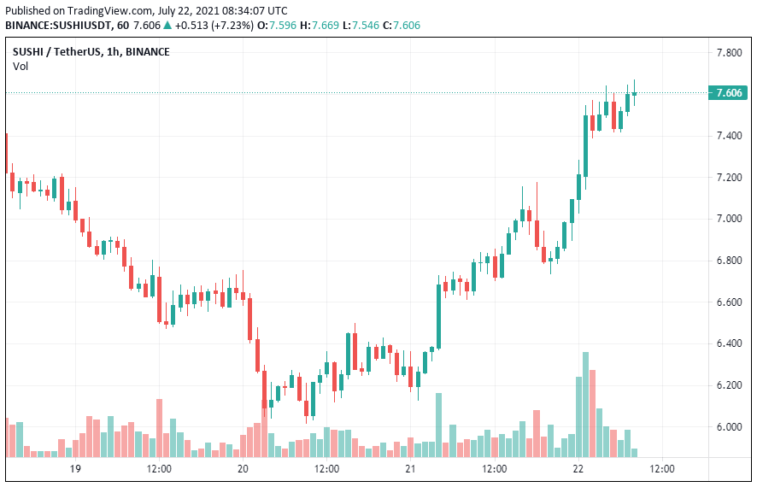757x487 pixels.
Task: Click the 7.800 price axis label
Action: point(729,53)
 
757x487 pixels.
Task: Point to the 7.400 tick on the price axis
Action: point(729,136)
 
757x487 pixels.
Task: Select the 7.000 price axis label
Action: point(729,219)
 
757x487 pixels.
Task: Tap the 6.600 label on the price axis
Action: point(729,302)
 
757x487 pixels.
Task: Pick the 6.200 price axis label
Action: point(729,385)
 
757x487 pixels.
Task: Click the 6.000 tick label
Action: point(729,427)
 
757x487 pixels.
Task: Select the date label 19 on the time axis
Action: point(75,469)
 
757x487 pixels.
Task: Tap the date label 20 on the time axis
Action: point(243,469)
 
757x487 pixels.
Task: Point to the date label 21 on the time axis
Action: point(410,469)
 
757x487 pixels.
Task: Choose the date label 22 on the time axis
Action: point(578,469)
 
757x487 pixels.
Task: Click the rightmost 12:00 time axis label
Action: point(662,469)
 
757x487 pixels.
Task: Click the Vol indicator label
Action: point(20,67)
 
